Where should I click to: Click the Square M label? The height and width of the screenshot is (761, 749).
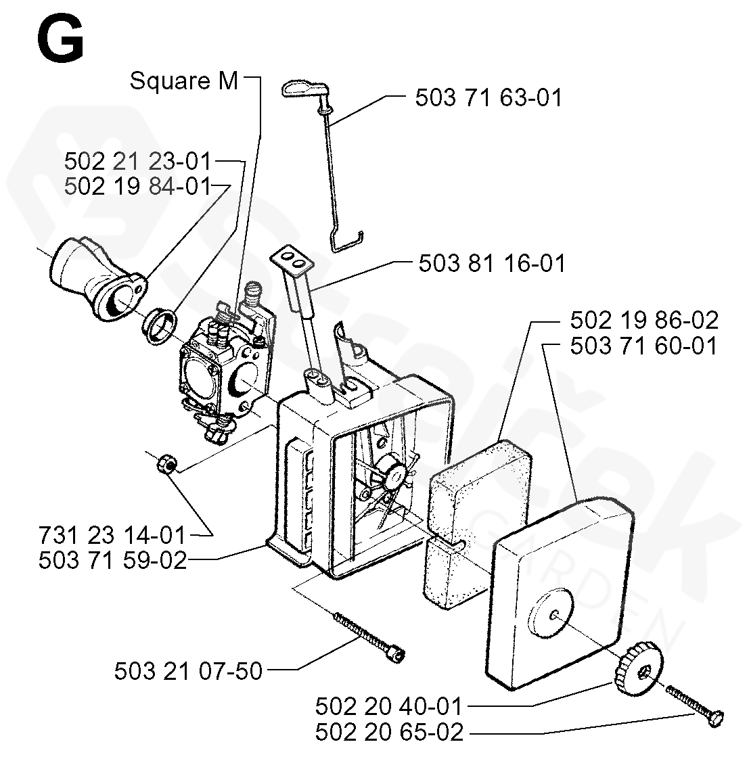(x=184, y=80)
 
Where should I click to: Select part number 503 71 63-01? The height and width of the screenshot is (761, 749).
(x=489, y=97)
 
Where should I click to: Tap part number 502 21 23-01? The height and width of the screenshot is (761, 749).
(x=137, y=162)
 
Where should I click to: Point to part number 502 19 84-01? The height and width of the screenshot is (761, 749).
(x=137, y=185)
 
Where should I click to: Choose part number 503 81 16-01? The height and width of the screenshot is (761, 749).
(x=492, y=262)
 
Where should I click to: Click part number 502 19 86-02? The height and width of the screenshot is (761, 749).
(x=643, y=320)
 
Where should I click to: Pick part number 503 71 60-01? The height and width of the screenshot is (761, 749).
(x=643, y=346)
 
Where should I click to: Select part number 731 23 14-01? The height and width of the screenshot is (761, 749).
(x=112, y=535)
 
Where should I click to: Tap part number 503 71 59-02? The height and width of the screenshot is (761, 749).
(x=112, y=560)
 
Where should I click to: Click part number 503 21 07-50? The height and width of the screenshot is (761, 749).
(x=188, y=671)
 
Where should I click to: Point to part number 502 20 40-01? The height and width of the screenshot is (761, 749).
(x=388, y=707)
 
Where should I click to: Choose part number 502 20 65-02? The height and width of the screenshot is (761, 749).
(x=390, y=733)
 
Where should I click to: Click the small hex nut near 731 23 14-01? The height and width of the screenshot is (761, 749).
(x=166, y=465)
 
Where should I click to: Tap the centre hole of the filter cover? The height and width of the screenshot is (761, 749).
(x=553, y=614)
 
